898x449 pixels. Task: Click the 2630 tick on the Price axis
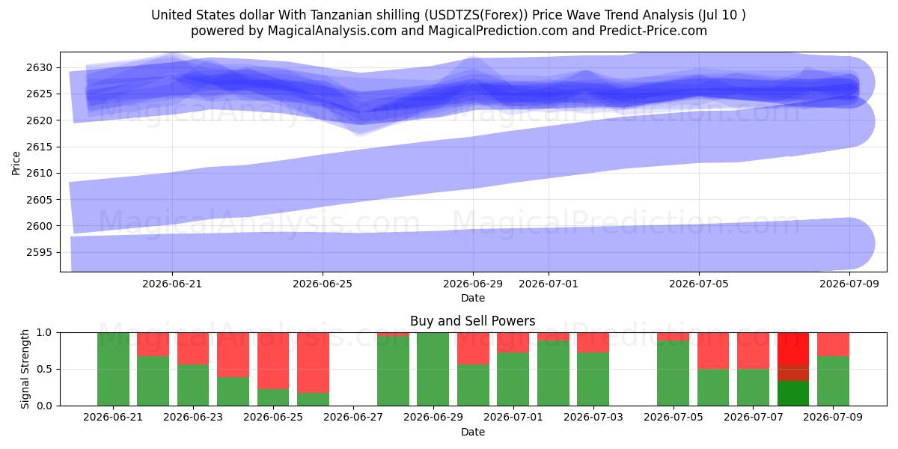(39, 67)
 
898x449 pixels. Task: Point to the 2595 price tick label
(39, 253)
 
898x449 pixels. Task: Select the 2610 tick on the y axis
(39, 173)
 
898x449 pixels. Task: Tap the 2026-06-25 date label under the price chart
(323, 284)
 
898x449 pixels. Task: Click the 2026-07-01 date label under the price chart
(549, 284)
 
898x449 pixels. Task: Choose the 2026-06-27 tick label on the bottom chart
(353, 417)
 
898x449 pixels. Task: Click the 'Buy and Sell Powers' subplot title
(473, 321)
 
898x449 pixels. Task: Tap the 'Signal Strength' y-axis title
(25, 369)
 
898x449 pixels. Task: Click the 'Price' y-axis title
(16, 163)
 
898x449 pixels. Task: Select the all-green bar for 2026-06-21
(114, 369)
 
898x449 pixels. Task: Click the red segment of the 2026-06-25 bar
(273, 361)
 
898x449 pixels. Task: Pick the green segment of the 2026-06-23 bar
(193, 385)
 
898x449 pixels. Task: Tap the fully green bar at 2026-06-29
(433, 369)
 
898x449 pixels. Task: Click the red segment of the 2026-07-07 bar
(754, 351)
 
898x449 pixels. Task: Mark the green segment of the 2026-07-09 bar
(833, 381)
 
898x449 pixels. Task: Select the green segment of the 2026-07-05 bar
(673, 373)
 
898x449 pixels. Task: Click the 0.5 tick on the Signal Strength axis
(44, 369)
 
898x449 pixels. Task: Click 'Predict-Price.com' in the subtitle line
(653, 31)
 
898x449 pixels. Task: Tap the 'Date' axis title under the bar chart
(473, 432)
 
